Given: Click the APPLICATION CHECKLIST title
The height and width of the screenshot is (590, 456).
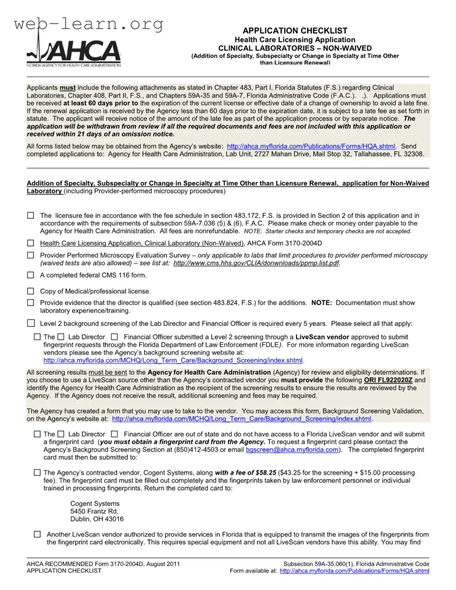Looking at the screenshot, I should tap(295, 31).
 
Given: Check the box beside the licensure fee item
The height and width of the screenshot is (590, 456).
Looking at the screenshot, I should tap(31, 216).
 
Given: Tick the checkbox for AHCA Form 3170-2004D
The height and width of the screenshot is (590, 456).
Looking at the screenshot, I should tap(31, 243).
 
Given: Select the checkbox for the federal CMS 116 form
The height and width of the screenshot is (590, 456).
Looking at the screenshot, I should tap(31, 275).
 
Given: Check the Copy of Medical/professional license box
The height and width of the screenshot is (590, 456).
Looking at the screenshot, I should tap(31, 291).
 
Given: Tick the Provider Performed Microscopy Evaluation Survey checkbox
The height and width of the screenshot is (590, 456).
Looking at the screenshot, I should tap(31, 255).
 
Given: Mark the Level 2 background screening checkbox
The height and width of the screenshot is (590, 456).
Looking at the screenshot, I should tap(31, 323).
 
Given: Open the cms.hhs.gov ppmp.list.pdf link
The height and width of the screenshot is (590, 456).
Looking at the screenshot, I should tap(256, 263).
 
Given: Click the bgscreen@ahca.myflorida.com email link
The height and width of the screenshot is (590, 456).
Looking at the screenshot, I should tap(292, 450).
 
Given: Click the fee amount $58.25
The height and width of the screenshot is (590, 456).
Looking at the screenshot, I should tap(266, 473).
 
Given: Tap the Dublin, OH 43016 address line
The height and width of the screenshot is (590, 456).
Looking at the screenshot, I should tap(97, 519).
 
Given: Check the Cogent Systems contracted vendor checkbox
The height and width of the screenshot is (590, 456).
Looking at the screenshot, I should tap(37, 473).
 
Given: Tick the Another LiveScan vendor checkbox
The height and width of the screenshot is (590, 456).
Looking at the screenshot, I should tap(37, 534).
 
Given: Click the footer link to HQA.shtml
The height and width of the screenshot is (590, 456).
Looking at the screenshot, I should tap(354, 571).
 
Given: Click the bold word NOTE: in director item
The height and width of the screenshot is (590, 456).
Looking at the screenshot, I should tap(321, 303).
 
